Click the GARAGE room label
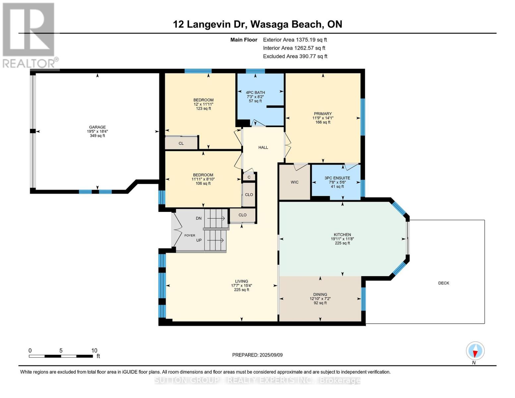(x=97, y=127)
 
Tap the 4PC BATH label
(x=255, y=93)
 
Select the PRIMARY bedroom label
(x=323, y=114)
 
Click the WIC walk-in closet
(x=294, y=182)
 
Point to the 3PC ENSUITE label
(x=337, y=178)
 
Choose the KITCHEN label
(x=342, y=235)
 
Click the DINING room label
(x=320, y=295)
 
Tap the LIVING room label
(x=241, y=281)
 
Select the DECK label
(x=443, y=283)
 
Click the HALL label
(x=263, y=148)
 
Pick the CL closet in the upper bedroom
(x=181, y=143)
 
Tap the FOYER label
(x=190, y=235)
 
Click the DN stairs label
(x=199, y=218)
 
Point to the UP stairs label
(x=199, y=240)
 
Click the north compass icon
(x=475, y=351)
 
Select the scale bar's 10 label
(x=94, y=351)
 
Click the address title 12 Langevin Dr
(x=257, y=24)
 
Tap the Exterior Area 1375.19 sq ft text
(x=295, y=40)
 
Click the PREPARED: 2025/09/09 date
(x=257, y=355)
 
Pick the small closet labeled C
(x=249, y=177)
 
